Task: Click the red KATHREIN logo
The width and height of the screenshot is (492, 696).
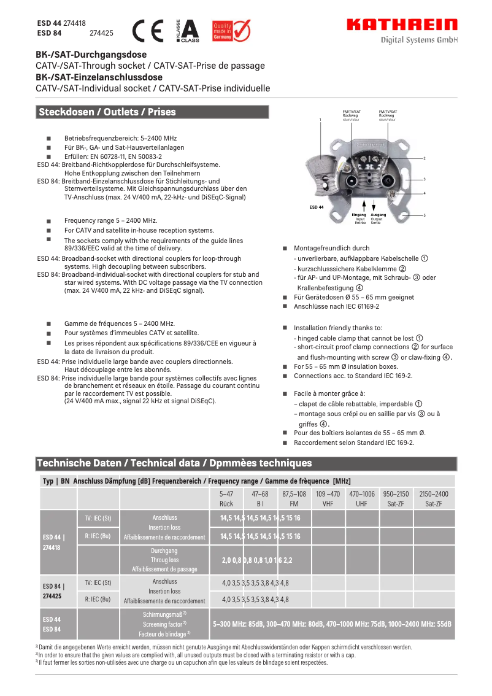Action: coord(402,25)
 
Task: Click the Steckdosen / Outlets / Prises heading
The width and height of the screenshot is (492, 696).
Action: coord(107,112)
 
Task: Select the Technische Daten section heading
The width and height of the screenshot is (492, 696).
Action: coord(174,463)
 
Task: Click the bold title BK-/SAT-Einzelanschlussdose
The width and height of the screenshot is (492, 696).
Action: coord(99,77)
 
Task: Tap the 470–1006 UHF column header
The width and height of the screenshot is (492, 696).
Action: coord(362,498)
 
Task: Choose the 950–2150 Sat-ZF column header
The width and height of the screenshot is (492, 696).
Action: coord(396,498)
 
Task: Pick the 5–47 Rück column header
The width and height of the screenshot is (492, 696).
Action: coord(226,498)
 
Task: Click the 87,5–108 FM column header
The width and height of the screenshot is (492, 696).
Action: coord(294,498)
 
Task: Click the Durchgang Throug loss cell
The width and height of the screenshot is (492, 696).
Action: coord(164,560)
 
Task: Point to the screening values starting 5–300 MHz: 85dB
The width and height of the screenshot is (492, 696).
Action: coord(332,624)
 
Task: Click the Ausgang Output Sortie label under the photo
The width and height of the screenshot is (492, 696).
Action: coord(379,218)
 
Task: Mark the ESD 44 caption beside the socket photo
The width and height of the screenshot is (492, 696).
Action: coord(316,207)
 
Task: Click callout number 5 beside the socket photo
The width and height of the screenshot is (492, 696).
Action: coord(425,215)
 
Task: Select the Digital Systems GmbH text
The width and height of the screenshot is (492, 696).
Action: coord(420,40)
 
